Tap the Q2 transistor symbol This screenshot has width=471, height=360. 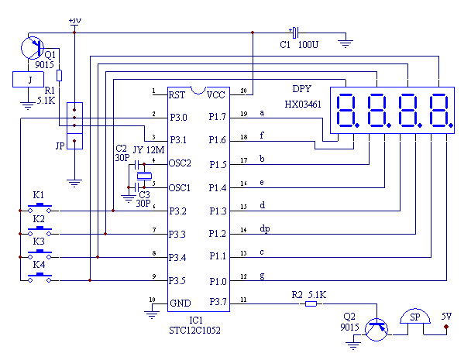[377, 329]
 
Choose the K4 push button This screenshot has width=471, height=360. [39, 278]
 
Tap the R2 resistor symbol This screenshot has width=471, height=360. [311, 303]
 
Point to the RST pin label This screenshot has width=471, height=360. [177, 94]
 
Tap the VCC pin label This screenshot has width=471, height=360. [217, 94]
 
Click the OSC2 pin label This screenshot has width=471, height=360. [181, 164]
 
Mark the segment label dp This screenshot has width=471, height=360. [265, 228]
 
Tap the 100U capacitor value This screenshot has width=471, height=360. [308, 46]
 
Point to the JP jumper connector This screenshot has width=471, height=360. [74, 124]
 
